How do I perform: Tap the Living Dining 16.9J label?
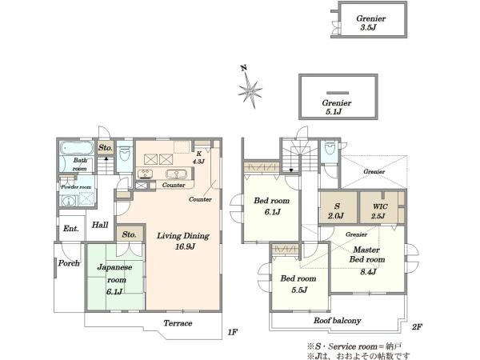pyautogui.click(x=183, y=241)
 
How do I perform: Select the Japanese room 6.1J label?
pyautogui.click(x=114, y=279)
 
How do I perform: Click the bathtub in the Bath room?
pyautogui.click(x=76, y=149)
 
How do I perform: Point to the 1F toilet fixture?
pyautogui.click(x=125, y=153)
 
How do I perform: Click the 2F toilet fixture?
pyautogui.click(x=330, y=148)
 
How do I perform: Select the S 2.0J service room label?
pyautogui.click(x=336, y=211)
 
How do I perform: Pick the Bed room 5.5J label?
pyautogui.click(x=298, y=284)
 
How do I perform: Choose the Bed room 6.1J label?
pyautogui.click(x=272, y=206)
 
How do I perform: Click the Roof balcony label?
pyautogui.click(x=337, y=321)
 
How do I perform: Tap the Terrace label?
pyautogui.click(x=178, y=323)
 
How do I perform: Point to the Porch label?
pyautogui.click(x=69, y=263)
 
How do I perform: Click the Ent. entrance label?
pyautogui.click(x=71, y=228)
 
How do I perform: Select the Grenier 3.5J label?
pyautogui.click(x=370, y=22)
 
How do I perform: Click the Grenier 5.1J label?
pyautogui.click(x=337, y=107)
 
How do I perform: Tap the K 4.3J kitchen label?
pyautogui.click(x=198, y=158)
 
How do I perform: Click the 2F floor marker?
pyautogui.click(x=417, y=327)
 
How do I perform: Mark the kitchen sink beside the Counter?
pyautogui.click(x=176, y=174)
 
